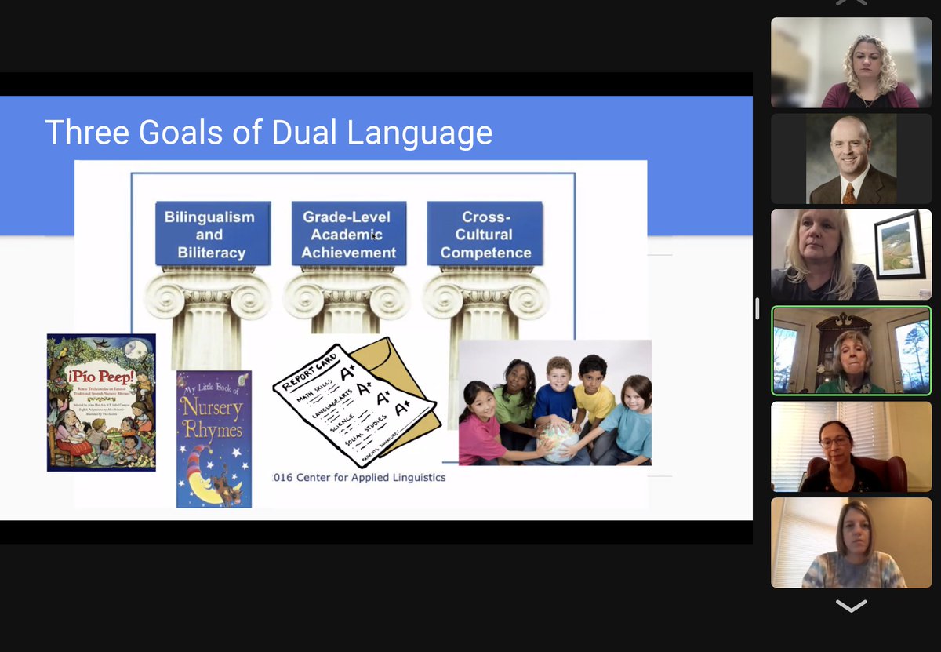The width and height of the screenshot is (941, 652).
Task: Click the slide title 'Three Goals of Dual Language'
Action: coord(268,132)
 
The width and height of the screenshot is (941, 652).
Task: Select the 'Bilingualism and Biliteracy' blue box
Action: coord(210,234)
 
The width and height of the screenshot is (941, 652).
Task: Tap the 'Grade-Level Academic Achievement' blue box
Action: coord(349,234)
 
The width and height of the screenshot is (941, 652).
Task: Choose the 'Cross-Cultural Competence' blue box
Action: coord(485,234)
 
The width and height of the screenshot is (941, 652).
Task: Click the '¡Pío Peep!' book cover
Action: coord(101,402)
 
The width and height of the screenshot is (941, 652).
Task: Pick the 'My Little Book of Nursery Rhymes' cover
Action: coord(213,439)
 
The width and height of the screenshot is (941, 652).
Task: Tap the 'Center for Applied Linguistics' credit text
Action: coord(360,477)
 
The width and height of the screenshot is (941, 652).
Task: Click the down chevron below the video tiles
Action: coord(851,606)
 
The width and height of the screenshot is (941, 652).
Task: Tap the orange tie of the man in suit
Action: coord(848,193)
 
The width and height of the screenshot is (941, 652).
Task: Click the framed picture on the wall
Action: coord(899,246)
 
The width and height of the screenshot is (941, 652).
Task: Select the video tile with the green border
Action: coord(851,351)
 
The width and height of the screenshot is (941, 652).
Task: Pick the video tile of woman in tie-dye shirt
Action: coord(851,542)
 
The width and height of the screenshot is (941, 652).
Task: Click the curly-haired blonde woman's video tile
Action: coord(851,63)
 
